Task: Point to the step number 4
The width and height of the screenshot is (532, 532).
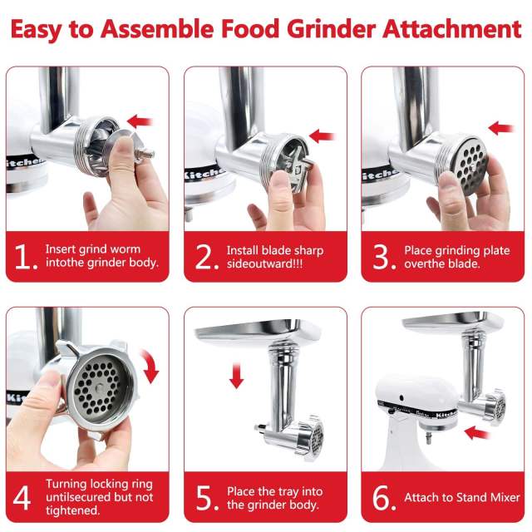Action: coord(23,497)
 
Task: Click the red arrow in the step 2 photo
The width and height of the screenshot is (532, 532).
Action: coord(322,135)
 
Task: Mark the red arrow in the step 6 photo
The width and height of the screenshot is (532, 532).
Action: coord(477,432)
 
